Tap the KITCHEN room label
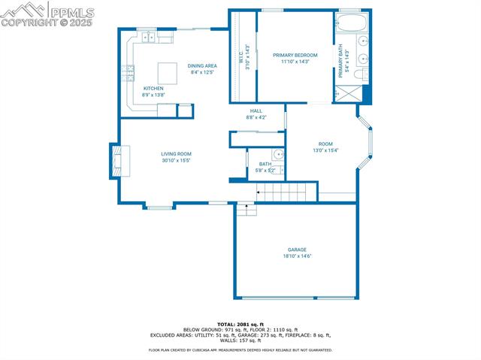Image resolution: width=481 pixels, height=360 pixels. [x=153, y=88]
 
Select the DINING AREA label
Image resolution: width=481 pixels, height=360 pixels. [x=202, y=65]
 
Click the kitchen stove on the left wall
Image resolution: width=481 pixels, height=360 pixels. [x=130, y=73]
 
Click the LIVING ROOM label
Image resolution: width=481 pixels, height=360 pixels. [x=176, y=153]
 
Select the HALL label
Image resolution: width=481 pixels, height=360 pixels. [x=256, y=110]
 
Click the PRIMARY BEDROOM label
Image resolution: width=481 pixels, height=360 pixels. [x=295, y=55]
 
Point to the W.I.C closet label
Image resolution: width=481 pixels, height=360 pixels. [x=242, y=60]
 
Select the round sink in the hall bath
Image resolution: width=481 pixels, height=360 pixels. [x=278, y=155]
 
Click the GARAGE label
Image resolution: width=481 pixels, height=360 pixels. [x=297, y=250]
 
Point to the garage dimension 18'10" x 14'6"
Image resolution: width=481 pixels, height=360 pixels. [x=297, y=256]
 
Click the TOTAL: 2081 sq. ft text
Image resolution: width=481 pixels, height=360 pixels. [x=240, y=324]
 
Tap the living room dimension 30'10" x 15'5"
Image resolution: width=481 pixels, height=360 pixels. [x=176, y=160]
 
